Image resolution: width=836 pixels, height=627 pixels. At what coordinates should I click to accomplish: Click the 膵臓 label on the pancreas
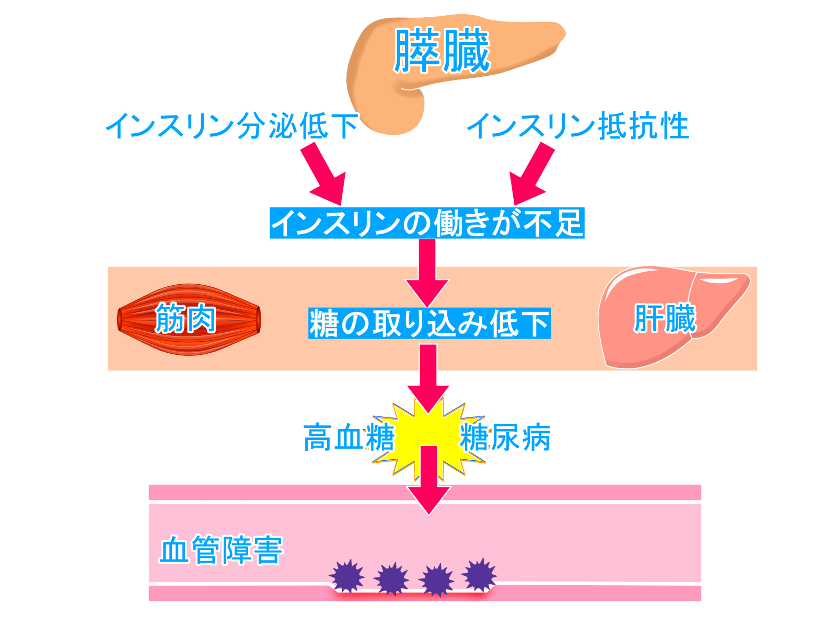[442, 51]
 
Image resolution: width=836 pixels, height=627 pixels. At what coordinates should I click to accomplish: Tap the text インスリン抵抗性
[578, 126]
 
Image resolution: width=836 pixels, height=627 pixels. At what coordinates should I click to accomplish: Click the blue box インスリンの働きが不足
[426, 223]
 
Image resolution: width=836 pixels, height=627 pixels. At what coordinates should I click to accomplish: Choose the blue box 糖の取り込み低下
[429, 323]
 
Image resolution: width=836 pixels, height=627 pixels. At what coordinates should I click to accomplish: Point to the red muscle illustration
[189, 319]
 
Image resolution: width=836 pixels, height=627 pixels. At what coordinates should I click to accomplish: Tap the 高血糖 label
[349, 437]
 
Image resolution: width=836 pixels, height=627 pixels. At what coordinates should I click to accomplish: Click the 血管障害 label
[221, 550]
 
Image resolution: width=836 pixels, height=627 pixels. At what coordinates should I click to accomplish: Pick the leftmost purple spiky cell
[347, 576]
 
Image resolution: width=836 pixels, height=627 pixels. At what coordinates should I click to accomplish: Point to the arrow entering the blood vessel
[428, 481]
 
